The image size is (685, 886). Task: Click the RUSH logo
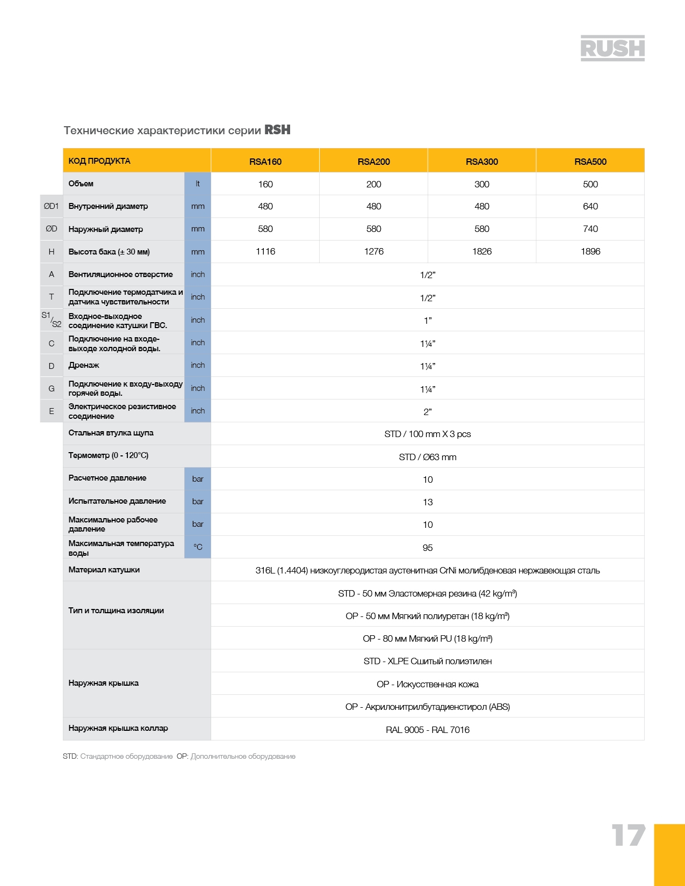coord(612,48)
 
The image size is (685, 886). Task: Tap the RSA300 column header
coord(481,162)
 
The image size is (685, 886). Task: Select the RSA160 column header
coord(265,162)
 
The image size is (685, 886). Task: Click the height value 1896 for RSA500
coord(590,251)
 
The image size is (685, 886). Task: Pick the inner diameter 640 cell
coord(590,206)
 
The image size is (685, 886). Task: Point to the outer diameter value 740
coord(590,229)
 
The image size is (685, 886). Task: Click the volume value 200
coord(373,184)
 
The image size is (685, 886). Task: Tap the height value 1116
coord(265,251)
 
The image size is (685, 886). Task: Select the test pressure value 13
coord(428,502)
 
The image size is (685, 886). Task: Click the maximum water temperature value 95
coord(428,548)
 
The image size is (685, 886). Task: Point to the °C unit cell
coord(198,547)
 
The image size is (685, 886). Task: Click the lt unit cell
coord(198,184)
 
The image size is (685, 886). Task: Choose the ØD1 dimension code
coord(51,206)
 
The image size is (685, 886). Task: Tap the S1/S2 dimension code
coord(52,320)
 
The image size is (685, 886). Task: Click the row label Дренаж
coord(84,365)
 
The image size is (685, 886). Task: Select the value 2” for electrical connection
coord(428,412)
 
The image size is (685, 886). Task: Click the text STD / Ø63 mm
coord(428,457)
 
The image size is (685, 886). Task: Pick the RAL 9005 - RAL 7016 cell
coord(428,730)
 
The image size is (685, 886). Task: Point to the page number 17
coord(628,836)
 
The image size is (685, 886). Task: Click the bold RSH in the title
coord(277,130)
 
